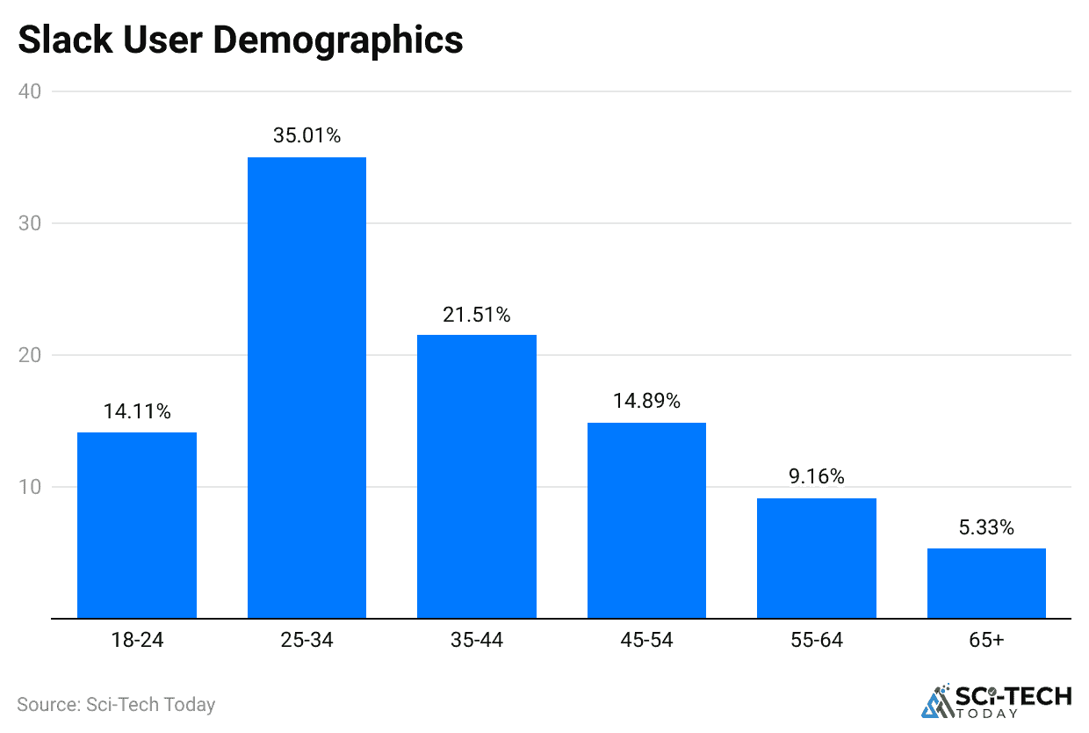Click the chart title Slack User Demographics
click(x=240, y=40)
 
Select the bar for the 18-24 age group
click(x=136, y=526)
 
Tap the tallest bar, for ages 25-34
click(x=307, y=388)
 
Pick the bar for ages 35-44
click(x=476, y=476)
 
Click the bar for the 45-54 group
click(x=646, y=520)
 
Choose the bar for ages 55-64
click(x=816, y=558)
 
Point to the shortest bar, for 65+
click(x=986, y=584)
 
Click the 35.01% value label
click(x=307, y=136)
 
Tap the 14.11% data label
click(x=136, y=411)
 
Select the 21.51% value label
click(x=476, y=314)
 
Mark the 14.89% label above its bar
click(x=646, y=402)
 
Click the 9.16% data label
click(x=816, y=477)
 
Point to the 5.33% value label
click(x=986, y=528)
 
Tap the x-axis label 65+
click(x=986, y=641)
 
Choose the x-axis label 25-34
click(x=307, y=641)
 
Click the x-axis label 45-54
click(x=646, y=641)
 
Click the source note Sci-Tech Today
click(x=116, y=704)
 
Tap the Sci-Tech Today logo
click(x=996, y=700)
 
